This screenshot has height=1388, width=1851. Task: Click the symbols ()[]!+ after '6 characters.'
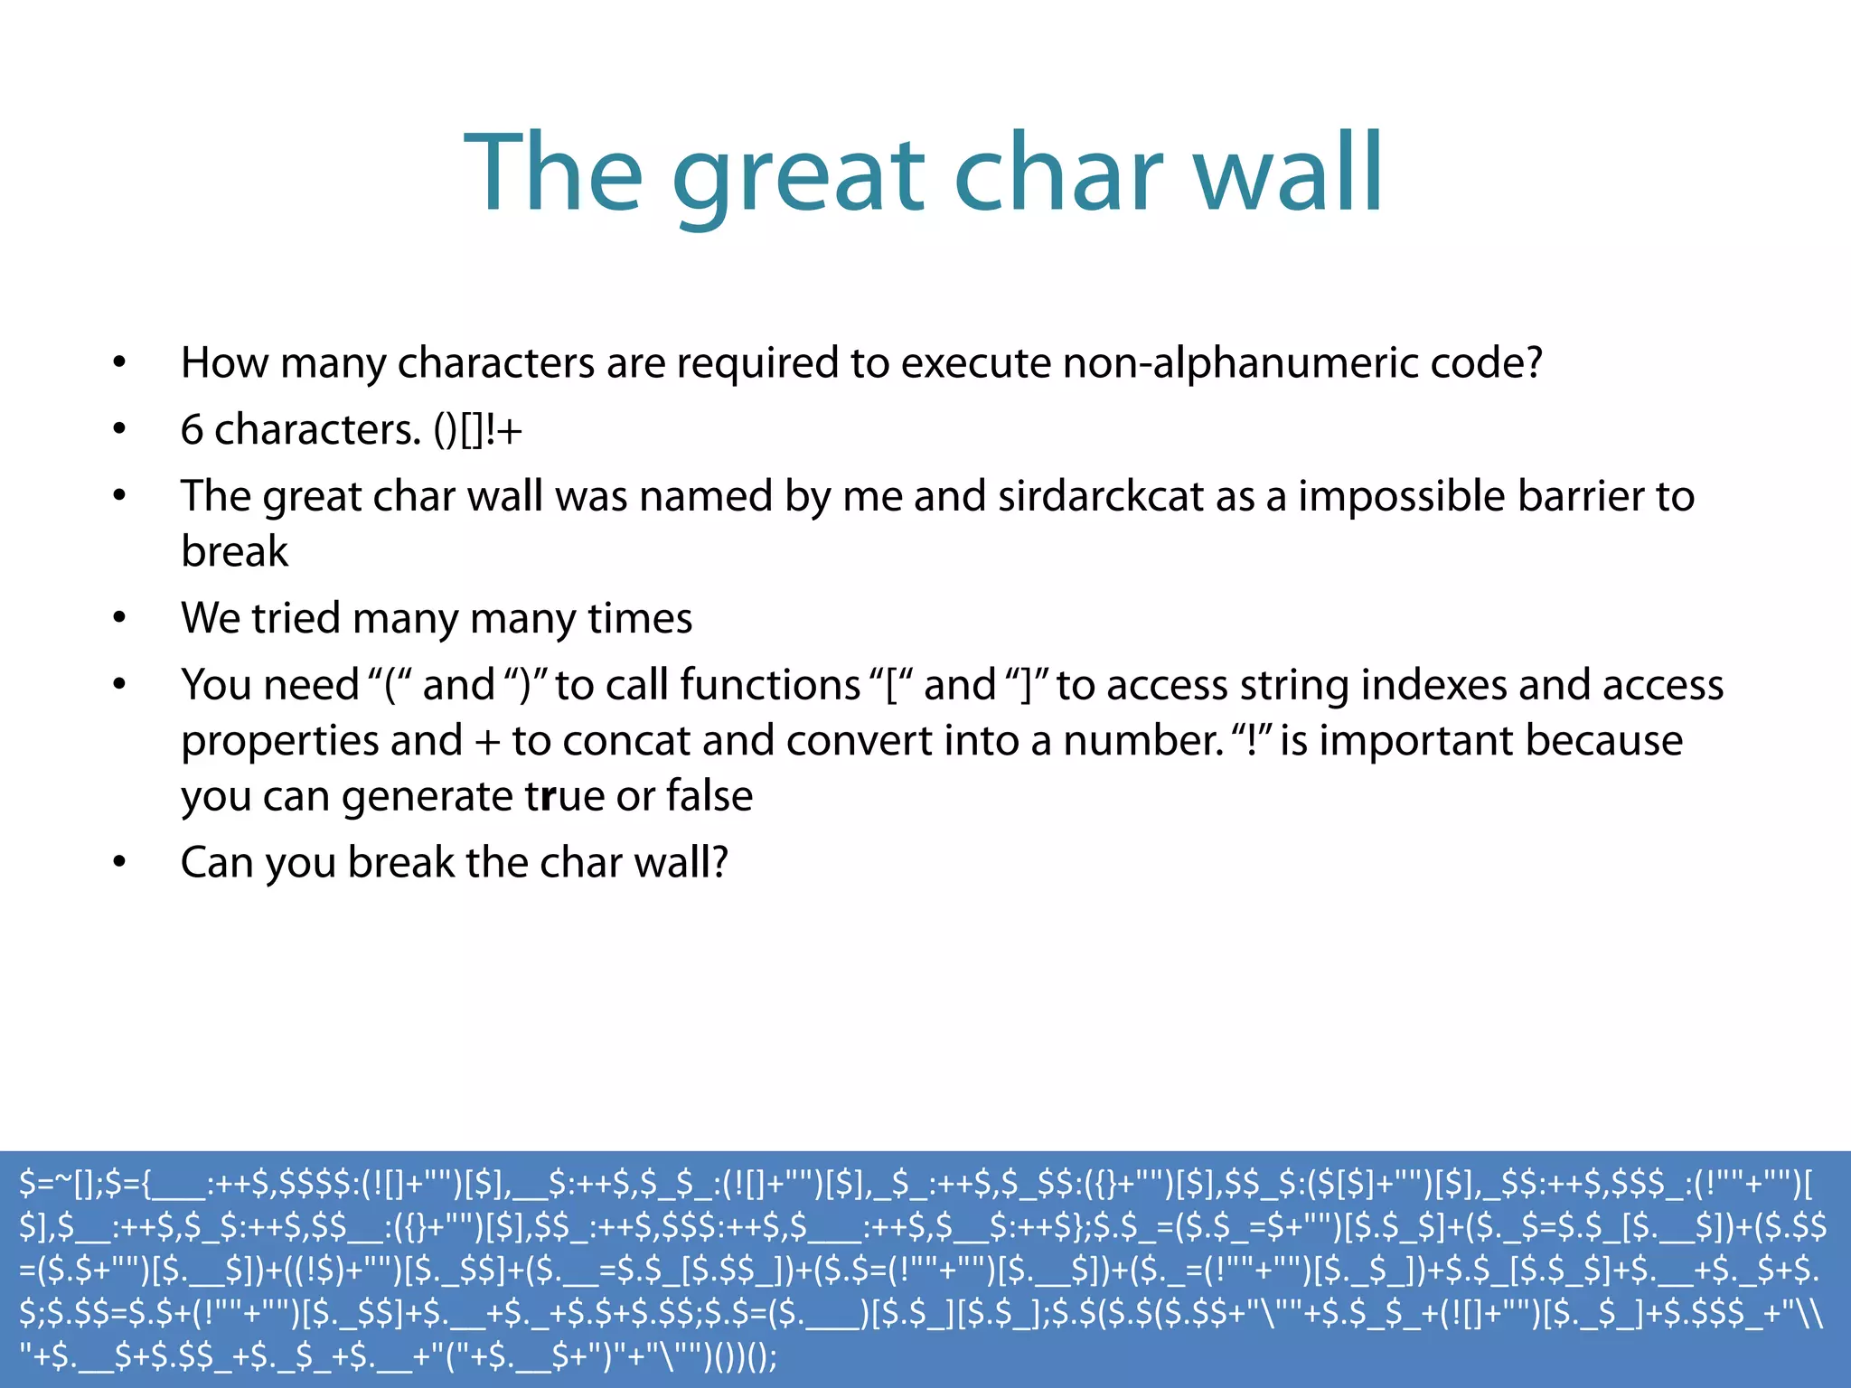pyautogui.click(x=477, y=430)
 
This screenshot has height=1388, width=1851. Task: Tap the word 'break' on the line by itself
pyautogui.click(x=234, y=551)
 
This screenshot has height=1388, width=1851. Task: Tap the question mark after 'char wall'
pyautogui.click(x=719, y=862)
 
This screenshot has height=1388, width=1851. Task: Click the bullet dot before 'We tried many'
pyautogui.click(x=119, y=619)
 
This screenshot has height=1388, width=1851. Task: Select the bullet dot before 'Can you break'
pyautogui.click(x=119, y=863)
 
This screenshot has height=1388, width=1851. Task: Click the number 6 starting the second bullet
pyautogui.click(x=192, y=430)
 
